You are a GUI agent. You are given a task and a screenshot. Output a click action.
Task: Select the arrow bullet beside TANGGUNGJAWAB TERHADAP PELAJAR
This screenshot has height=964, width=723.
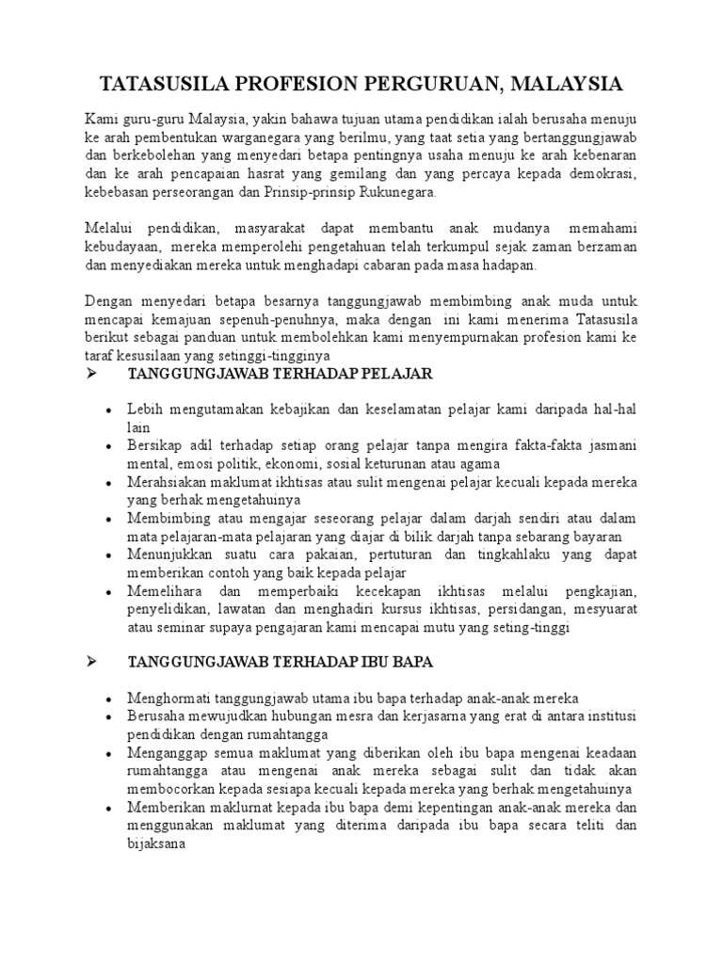[92, 374]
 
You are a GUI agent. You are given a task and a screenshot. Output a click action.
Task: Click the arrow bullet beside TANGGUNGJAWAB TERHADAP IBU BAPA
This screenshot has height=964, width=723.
[92, 662]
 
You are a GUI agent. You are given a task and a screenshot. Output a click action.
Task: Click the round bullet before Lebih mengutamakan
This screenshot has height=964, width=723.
[110, 411]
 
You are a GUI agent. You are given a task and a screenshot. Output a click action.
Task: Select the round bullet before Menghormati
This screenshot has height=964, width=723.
[110, 699]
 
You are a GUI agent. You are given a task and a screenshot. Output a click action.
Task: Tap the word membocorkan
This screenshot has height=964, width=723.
[172, 789]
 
